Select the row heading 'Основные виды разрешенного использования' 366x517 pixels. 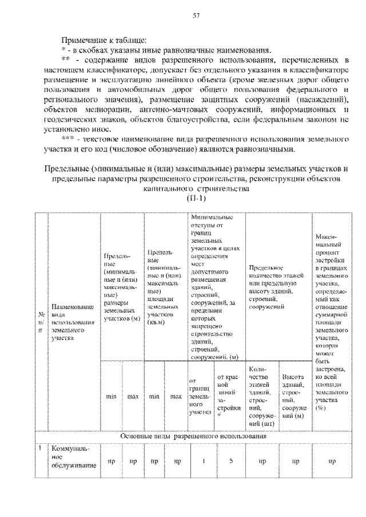pyautogui.click(x=194, y=436)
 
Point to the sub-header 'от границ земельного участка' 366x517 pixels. pyautogui.click(x=200, y=395)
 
